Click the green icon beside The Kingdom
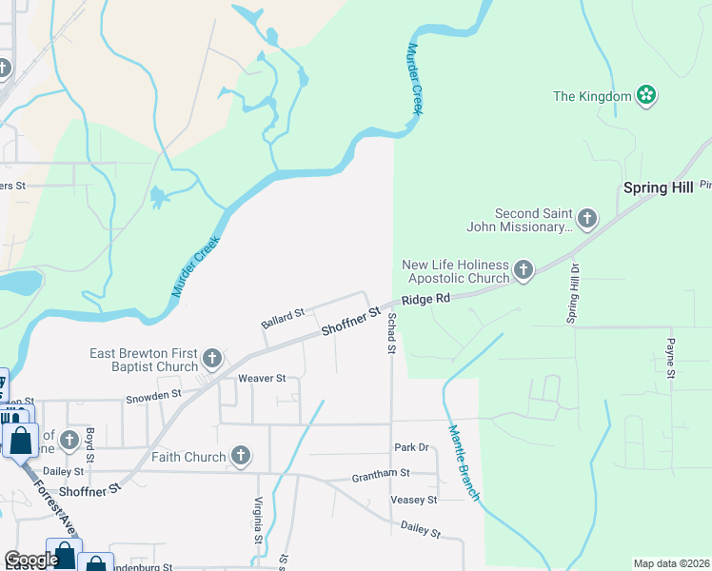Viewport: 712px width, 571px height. [x=647, y=95]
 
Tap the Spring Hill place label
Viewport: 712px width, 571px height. [x=658, y=187]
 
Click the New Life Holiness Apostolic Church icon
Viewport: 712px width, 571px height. [x=523, y=271]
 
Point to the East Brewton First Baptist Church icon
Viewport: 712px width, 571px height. [x=212, y=360]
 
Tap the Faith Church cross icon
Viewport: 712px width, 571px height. [x=241, y=457]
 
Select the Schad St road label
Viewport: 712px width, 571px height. [x=390, y=335]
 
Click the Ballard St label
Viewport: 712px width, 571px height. [x=283, y=318]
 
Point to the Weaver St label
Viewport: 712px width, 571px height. [x=262, y=379]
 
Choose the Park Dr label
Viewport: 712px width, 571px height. [x=412, y=447]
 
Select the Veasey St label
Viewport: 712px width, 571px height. [x=413, y=500]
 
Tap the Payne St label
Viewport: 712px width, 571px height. [x=671, y=358]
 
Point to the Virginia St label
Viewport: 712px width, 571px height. [x=258, y=521]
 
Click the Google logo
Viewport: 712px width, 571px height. [x=31, y=561]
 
